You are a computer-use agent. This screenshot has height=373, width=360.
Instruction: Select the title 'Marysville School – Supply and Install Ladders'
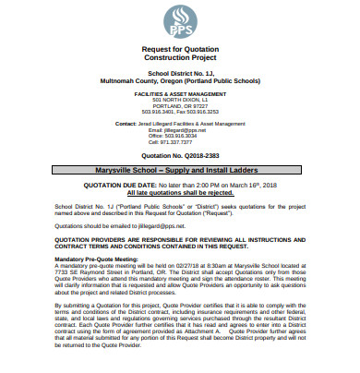pyautogui.click(x=179, y=171)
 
